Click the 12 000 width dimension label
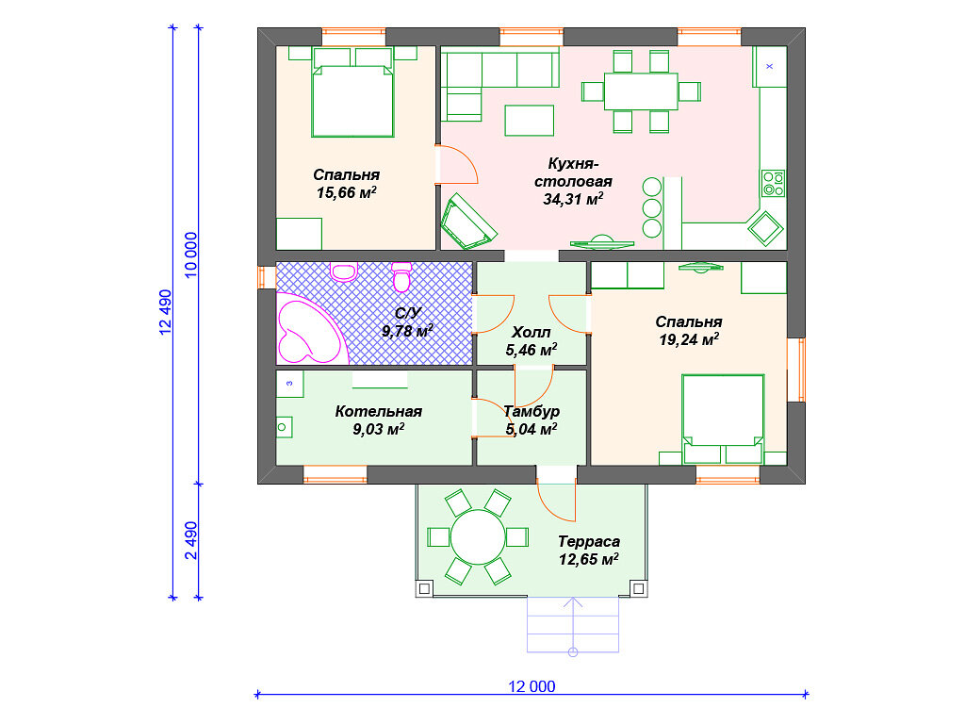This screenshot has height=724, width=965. click(532, 686)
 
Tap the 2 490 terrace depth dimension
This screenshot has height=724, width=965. click(190, 540)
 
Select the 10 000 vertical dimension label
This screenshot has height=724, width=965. click(190, 255)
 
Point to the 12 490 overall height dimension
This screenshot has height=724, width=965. click(166, 311)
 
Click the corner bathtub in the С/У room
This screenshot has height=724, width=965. click(311, 329)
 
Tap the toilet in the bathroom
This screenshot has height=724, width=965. click(401, 277)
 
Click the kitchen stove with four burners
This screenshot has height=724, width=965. click(773, 184)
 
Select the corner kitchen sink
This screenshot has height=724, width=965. click(765, 228)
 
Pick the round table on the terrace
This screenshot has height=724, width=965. click(478, 536)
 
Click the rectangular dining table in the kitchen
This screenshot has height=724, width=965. click(641, 91)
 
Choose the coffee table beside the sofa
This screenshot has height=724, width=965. click(530, 120)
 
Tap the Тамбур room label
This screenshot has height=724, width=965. click(532, 411)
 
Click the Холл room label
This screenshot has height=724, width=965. click(532, 333)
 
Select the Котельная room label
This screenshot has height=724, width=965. click(379, 411)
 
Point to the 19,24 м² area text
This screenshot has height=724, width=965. click(689, 338)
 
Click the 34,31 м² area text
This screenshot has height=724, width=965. click(573, 199)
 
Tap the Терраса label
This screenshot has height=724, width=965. click(589, 541)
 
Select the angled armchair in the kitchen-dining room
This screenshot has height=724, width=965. click(468, 222)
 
